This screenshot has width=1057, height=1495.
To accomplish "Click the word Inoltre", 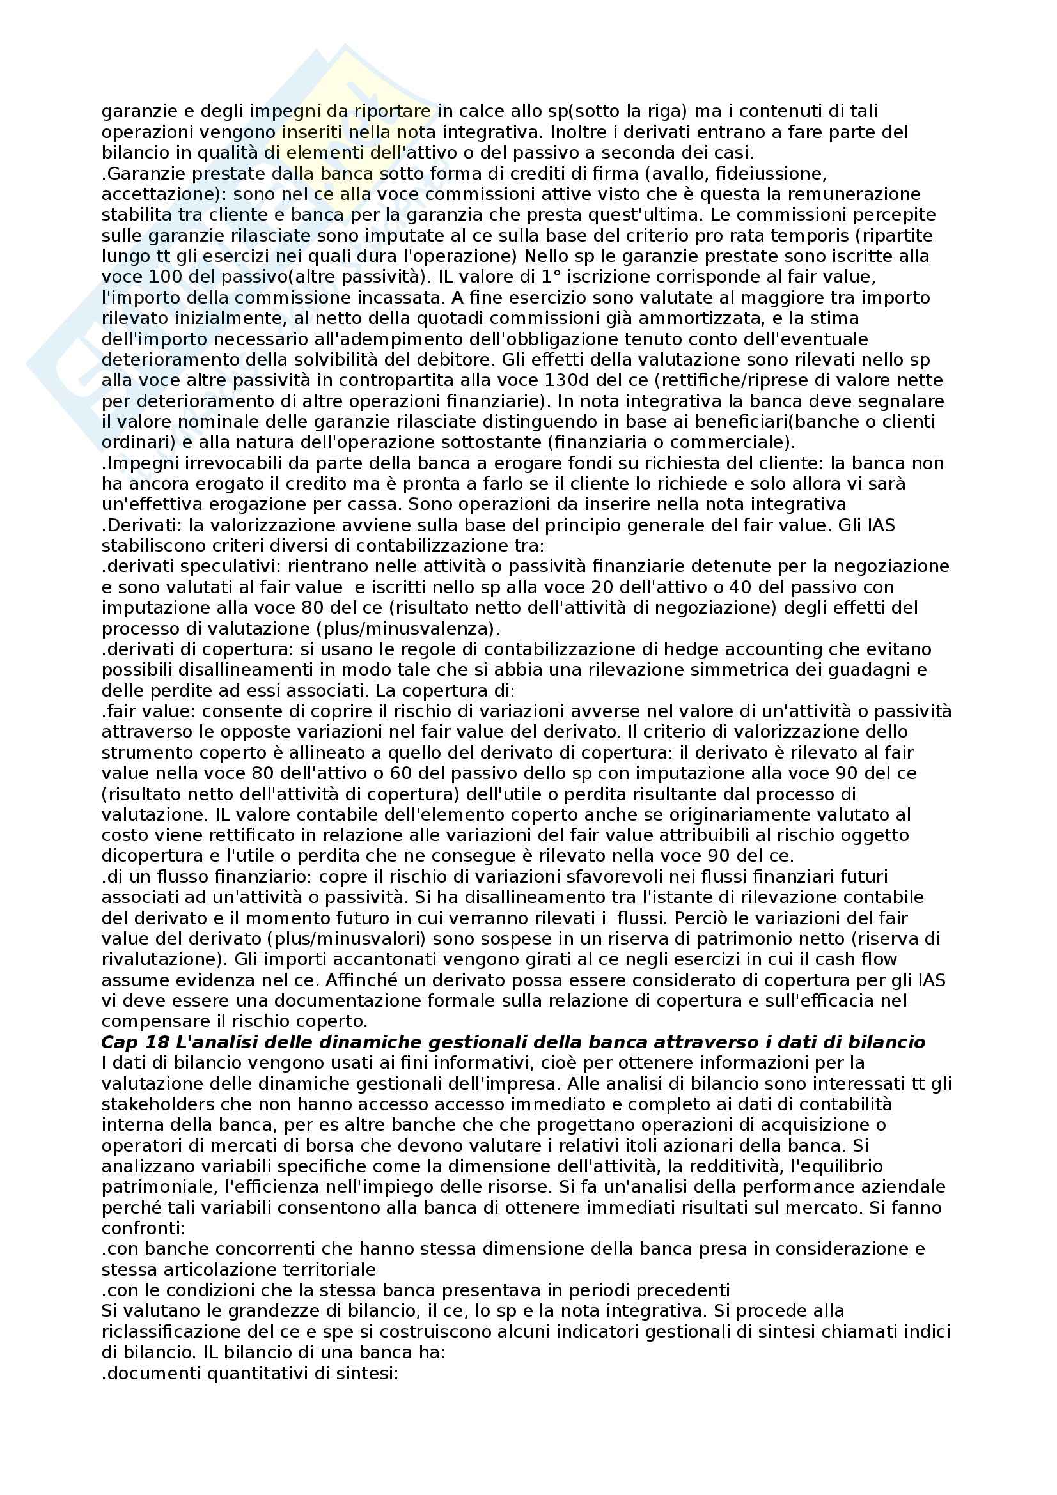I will click(x=577, y=132).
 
